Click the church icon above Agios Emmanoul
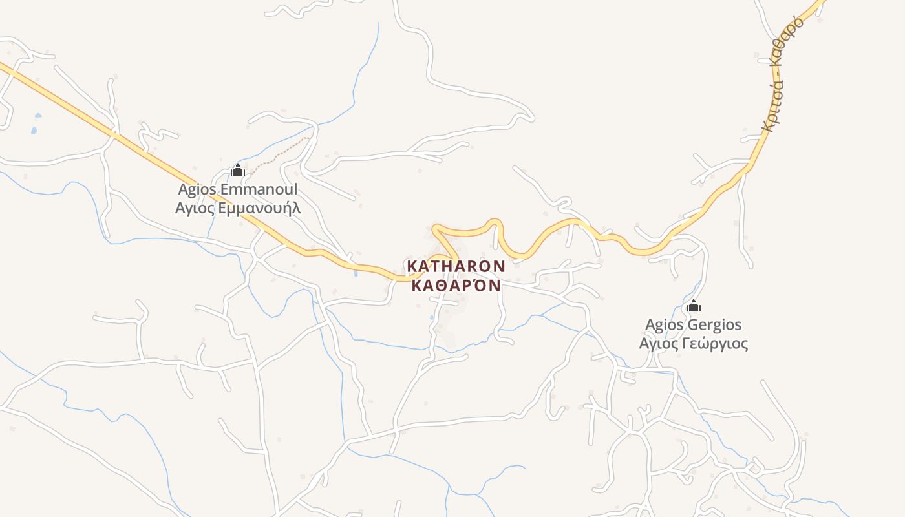[x=237, y=171]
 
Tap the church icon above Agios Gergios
[x=694, y=306]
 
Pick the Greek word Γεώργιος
[x=714, y=343]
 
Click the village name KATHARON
[x=456, y=266]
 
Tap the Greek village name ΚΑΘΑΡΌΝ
[x=456, y=285]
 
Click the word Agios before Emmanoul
[x=197, y=190]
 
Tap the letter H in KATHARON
[x=452, y=266]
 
